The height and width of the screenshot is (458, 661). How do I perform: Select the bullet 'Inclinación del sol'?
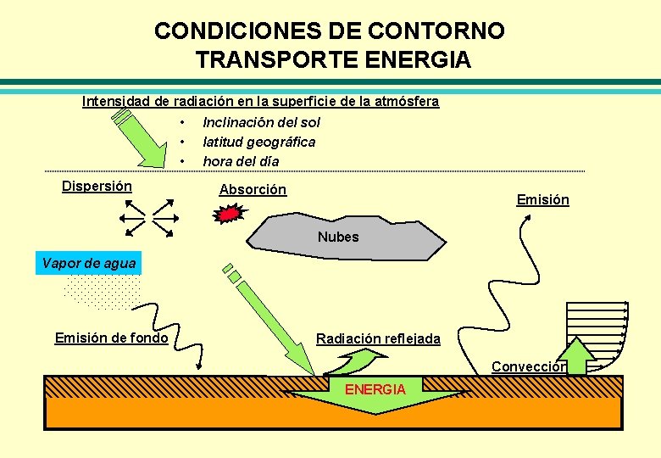261,122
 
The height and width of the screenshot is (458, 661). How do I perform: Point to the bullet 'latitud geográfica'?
258,142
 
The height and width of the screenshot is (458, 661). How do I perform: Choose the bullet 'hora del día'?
241,161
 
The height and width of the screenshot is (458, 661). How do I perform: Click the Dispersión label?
97,186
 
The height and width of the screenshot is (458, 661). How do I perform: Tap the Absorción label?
253,190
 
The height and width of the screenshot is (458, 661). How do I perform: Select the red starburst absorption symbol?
228,215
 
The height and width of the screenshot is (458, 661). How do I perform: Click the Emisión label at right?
542,200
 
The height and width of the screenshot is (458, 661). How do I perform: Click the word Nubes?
338,237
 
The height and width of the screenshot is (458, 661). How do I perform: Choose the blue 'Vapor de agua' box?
88,263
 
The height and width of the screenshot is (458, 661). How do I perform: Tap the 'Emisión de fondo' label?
111,338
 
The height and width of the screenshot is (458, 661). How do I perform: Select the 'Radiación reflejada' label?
378,339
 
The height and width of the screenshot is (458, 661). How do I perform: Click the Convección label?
528,367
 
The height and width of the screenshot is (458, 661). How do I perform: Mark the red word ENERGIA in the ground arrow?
375,389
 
